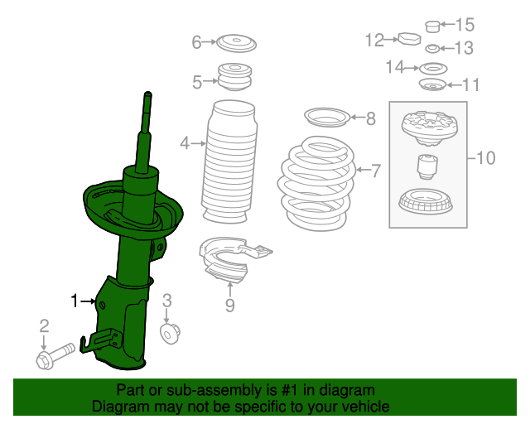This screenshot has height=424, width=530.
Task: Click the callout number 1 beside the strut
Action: (74, 301)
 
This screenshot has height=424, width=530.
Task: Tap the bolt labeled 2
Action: (51, 357)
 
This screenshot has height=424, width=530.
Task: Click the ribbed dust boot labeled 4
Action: (229, 162)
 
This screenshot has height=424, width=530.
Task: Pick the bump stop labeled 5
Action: (234, 78)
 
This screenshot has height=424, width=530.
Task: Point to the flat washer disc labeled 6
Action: (235, 41)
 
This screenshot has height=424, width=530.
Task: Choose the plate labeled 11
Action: (432, 85)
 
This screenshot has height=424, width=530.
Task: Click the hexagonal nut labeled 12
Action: (409, 39)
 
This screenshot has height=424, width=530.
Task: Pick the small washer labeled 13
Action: (431, 48)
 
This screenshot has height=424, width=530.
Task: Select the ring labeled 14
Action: (430, 67)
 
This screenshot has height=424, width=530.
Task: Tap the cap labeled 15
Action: (431, 26)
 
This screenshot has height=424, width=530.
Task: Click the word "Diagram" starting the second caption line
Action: (118, 407)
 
